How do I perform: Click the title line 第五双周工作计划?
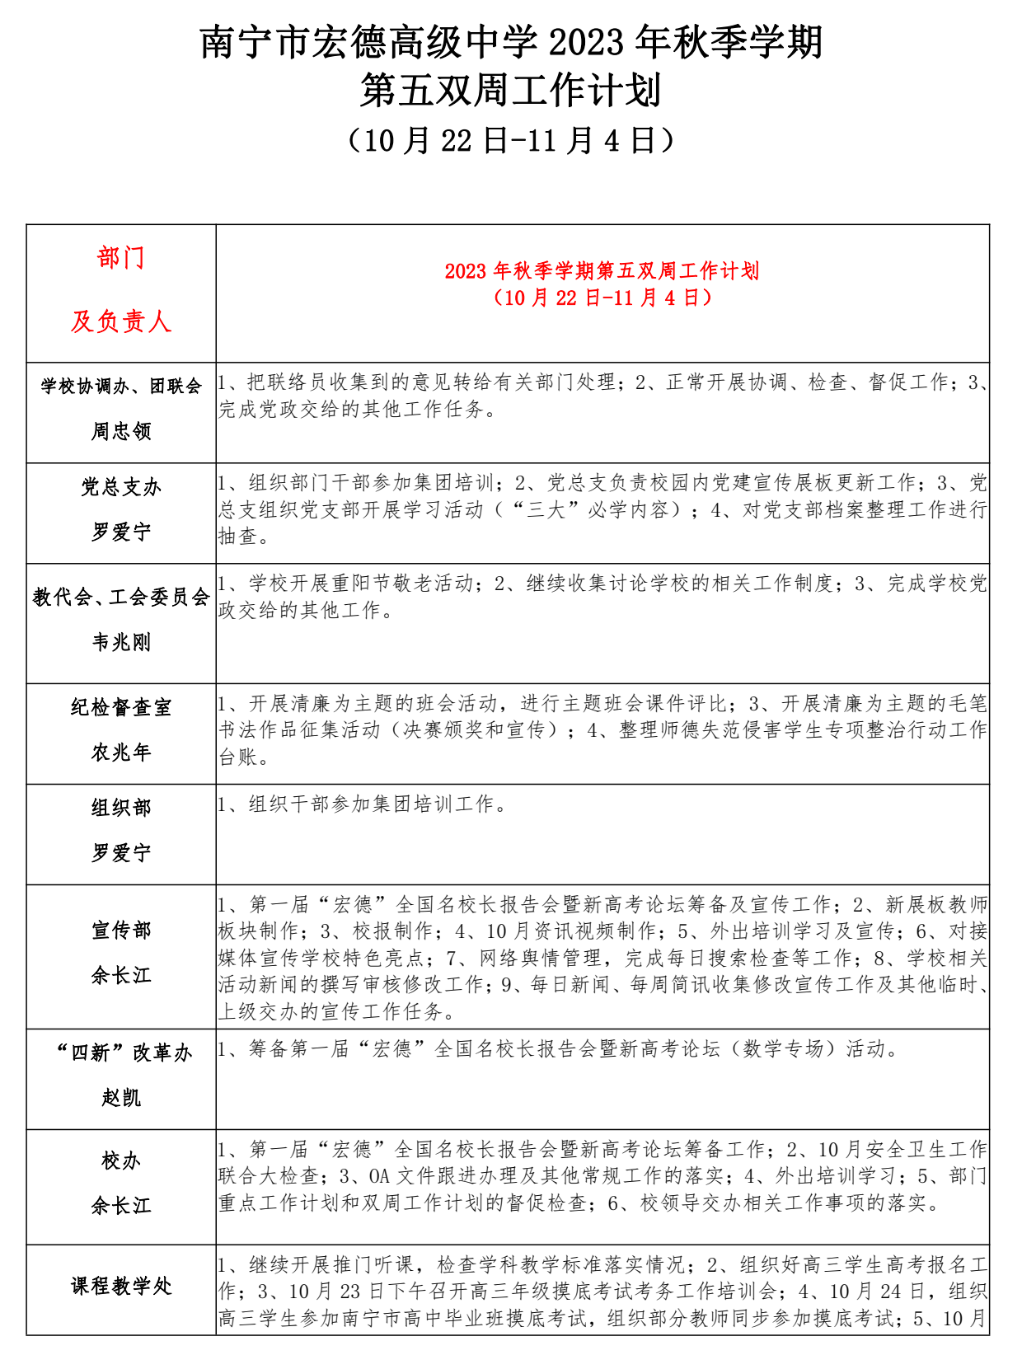pos(511,91)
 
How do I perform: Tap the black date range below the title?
pos(511,141)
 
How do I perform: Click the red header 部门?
pos(121,258)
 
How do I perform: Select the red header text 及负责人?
pos(121,321)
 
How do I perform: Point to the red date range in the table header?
pos(602,298)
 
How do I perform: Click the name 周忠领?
pos(121,431)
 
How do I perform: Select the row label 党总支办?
pos(121,487)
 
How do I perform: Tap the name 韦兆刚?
pos(121,642)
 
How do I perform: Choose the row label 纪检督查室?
pos(121,707)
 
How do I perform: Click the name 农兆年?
pos(121,753)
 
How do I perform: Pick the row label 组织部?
pos(121,808)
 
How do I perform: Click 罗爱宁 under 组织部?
pos(121,853)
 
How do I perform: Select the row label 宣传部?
pos(121,931)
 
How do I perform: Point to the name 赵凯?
pos(121,1098)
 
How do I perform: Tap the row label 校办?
pos(121,1161)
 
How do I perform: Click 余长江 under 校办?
pos(121,1207)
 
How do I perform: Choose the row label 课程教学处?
pos(121,1286)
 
